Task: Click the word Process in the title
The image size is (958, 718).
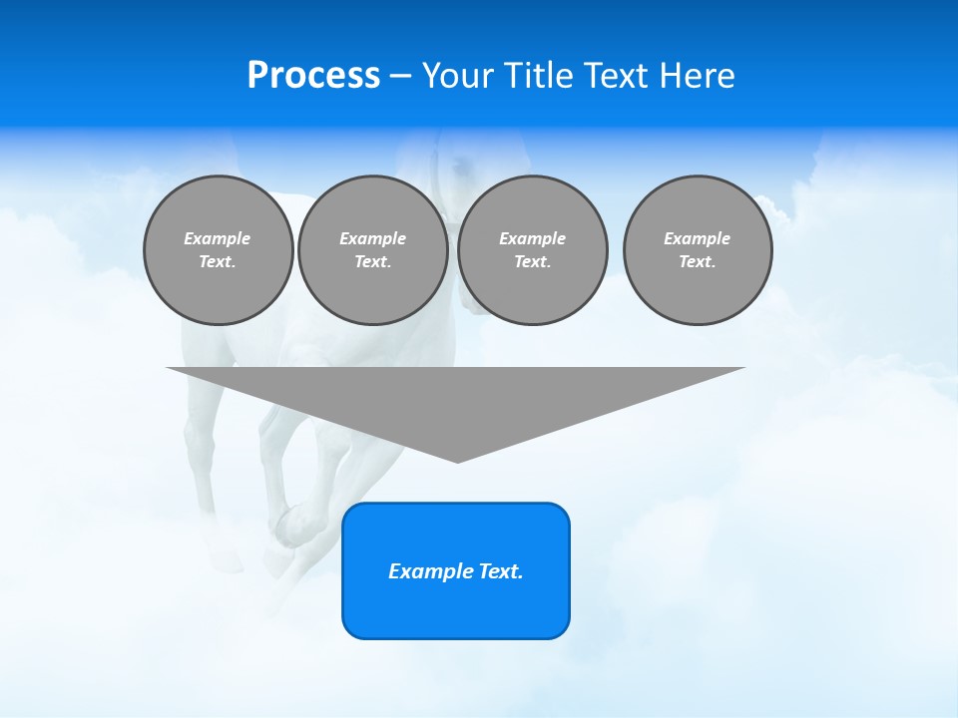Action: click(313, 76)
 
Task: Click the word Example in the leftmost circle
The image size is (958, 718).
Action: click(218, 238)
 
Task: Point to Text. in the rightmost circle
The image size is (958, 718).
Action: click(698, 262)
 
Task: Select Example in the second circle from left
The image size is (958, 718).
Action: click(373, 238)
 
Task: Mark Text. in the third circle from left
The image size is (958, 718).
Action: click(532, 262)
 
